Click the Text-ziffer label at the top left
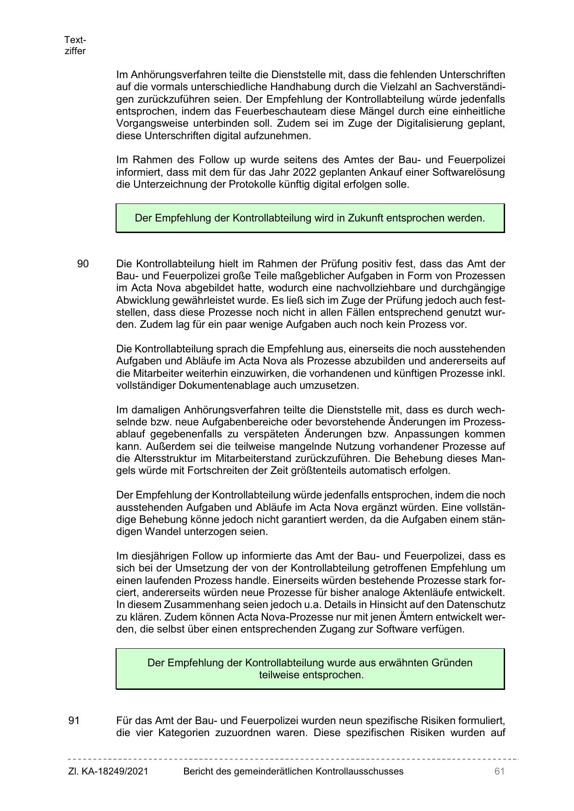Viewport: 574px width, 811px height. point(75,45)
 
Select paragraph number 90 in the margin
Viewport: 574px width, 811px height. point(83,264)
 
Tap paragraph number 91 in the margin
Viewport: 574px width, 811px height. point(74,720)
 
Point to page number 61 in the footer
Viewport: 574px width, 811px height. point(499,771)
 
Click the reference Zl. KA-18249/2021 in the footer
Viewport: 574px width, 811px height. point(108,771)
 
